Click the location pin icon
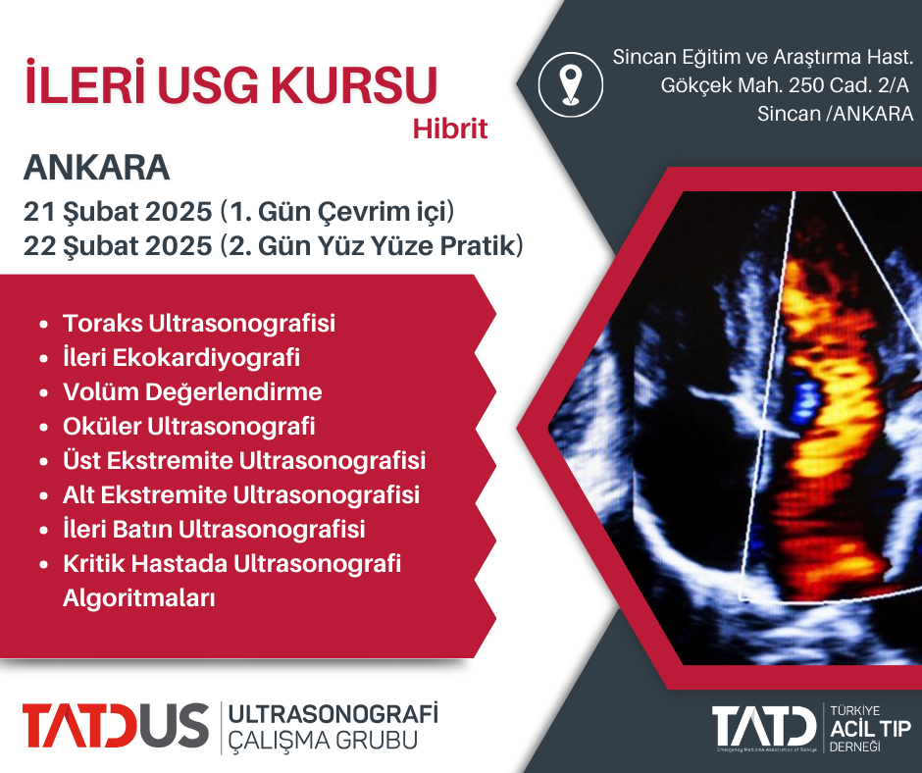[x=571, y=84]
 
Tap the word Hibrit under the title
[x=450, y=129]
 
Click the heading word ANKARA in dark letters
[x=96, y=168]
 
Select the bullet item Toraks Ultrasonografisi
[x=199, y=323]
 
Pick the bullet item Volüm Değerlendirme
[x=192, y=391]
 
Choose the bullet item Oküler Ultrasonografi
[x=188, y=427]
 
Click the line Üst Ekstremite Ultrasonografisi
[x=244, y=461]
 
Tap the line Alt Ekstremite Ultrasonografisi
[x=241, y=494]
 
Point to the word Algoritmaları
[x=138, y=598]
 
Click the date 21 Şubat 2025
[x=118, y=212]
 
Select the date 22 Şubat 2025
[x=118, y=246]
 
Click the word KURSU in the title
[x=354, y=85]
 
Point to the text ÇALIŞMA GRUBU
[x=323, y=740]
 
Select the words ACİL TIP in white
[x=870, y=729]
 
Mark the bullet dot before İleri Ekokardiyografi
[x=43, y=358]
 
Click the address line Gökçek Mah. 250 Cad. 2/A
[x=785, y=85]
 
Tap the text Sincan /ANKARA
[x=835, y=114]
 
